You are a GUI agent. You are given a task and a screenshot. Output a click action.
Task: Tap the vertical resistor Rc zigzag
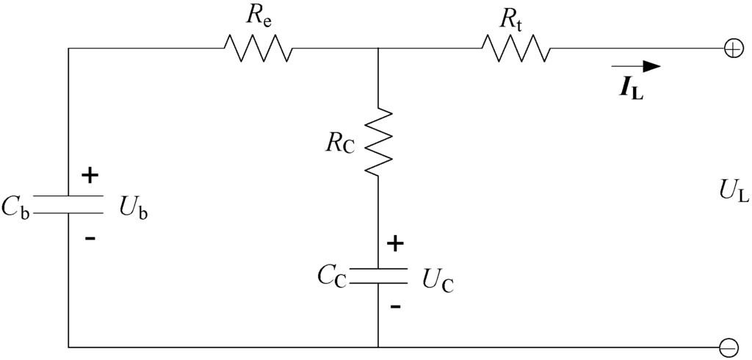[x=377, y=143]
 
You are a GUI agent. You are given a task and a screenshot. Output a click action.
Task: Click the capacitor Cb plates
[x=68, y=205]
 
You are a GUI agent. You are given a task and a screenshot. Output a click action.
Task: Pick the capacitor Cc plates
[x=377, y=276]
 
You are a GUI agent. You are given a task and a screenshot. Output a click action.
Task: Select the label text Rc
[x=339, y=144]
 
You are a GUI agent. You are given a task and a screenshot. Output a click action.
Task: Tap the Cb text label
[x=15, y=206]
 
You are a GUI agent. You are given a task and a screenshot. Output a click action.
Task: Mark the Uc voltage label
[x=438, y=280]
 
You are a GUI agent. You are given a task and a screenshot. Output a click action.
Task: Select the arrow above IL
[x=636, y=67]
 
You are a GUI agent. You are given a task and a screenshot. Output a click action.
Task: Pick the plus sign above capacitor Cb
[x=90, y=176]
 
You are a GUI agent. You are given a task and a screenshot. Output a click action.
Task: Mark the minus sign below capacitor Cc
[x=396, y=306]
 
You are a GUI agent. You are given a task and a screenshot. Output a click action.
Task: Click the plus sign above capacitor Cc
[x=395, y=244]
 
